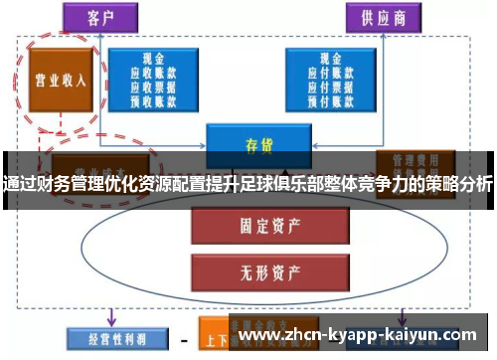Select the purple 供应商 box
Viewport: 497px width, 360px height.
pos(383,17)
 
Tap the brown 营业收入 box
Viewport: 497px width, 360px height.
pos(61,81)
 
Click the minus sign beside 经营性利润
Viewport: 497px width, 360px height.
pos(183,337)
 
